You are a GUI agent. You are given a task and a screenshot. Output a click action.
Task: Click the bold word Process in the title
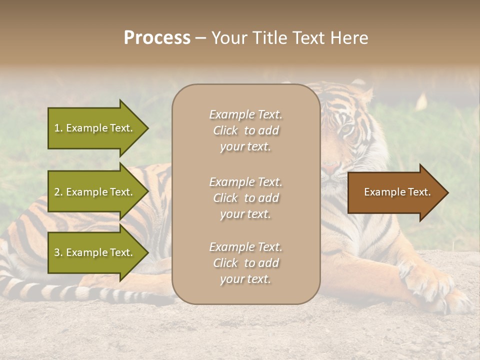pos(157,38)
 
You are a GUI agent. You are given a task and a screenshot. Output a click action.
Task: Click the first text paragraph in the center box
pos(245,130)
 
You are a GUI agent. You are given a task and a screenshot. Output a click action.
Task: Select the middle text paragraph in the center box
pos(245,198)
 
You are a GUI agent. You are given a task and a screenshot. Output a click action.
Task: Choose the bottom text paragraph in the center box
pos(245,263)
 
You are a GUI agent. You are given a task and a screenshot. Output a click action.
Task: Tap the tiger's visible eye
pos(346,130)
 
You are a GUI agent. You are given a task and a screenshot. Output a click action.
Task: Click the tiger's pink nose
pos(330,169)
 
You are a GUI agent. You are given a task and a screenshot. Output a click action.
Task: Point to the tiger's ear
pos(363,92)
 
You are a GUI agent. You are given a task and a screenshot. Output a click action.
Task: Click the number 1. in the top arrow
pos(58,128)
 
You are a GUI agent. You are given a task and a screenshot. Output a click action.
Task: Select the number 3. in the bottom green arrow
pos(58,252)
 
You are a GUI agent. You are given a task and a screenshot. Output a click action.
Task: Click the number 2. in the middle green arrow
pos(58,192)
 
